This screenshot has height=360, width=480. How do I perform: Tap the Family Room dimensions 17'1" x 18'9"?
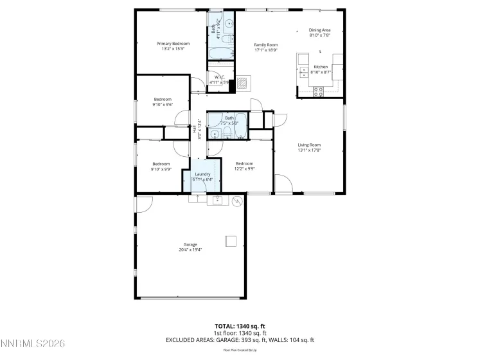[x=265, y=50]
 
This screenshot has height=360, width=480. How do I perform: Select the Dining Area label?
[x=319, y=30]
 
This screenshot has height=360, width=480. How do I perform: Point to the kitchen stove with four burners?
[x=317, y=91]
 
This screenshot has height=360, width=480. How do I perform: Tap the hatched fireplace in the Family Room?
[x=243, y=82]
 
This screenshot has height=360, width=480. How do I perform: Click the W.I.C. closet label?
[x=219, y=77]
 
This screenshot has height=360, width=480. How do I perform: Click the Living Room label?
[x=308, y=145]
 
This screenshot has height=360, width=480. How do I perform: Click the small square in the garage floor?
[x=230, y=241]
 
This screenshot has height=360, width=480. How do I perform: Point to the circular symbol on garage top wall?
[x=237, y=202]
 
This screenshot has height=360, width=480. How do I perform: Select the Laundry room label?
[x=203, y=174]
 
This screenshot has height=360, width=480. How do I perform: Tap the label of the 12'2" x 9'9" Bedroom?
[x=245, y=163]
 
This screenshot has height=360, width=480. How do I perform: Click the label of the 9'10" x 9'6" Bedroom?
[x=163, y=99]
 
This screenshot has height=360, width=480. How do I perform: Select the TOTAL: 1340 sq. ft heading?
[x=240, y=326]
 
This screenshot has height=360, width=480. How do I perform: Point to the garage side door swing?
[x=143, y=203]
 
